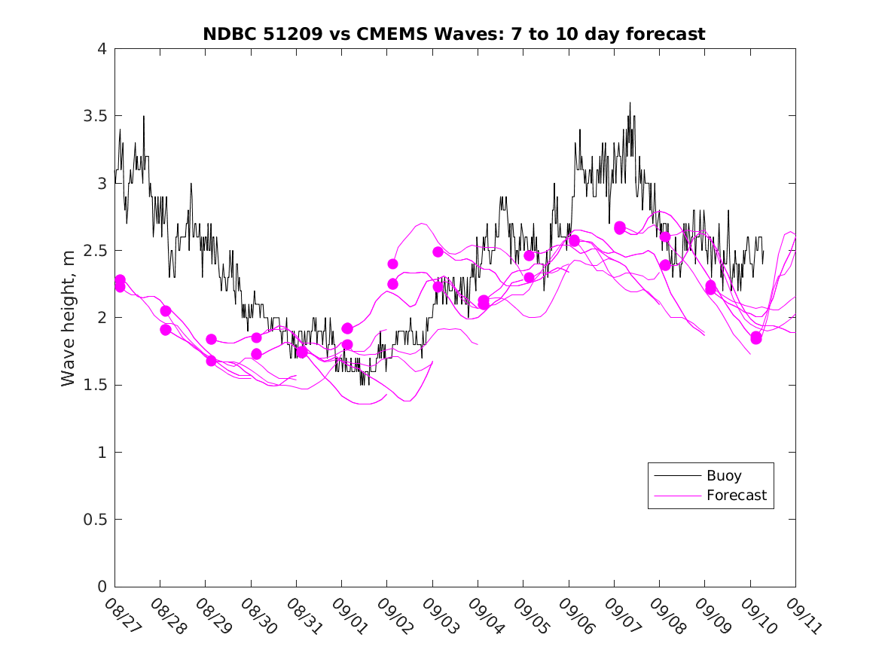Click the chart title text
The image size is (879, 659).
[454, 34]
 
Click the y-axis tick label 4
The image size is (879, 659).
[101, 49]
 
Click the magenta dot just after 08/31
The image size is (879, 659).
[302, 352]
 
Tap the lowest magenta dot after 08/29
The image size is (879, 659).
[212, 361]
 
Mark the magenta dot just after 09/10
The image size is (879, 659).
[756, 338]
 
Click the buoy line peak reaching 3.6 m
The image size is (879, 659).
[630, 103]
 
